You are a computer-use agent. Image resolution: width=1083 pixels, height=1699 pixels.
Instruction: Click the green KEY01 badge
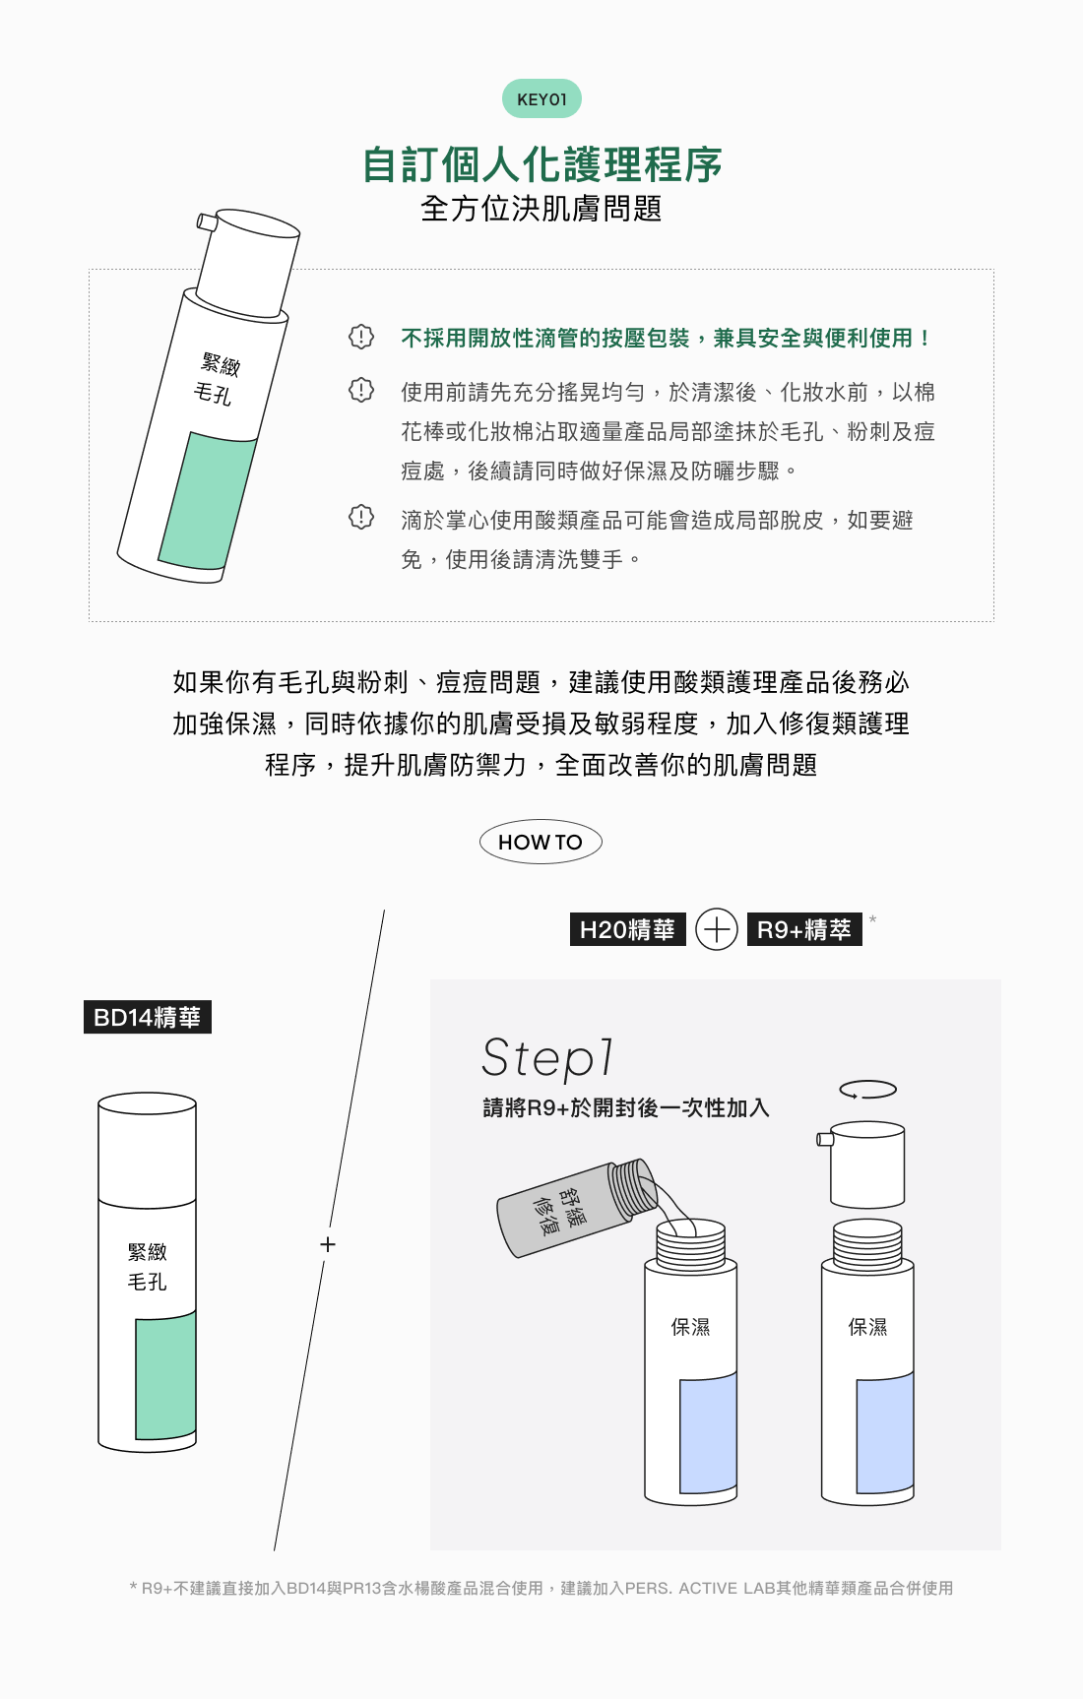click(541, 98)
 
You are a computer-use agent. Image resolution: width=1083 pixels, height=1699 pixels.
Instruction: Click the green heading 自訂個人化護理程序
click(541, 164)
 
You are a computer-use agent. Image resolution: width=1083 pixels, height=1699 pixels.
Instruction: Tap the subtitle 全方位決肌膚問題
click(541, 209)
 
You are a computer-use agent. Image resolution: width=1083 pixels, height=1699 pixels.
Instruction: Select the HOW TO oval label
click(541, 842)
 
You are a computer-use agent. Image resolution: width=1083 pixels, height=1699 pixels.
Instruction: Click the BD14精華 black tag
click(148, 1017)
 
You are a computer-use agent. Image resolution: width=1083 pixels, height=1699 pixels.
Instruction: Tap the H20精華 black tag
click(628, 929)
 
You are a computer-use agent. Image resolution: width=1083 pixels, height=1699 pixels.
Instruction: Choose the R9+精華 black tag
click(804, 929)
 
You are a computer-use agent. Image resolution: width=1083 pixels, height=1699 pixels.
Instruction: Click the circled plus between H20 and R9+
click(717, 929)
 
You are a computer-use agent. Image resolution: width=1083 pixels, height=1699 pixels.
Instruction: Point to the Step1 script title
click(547, 1058)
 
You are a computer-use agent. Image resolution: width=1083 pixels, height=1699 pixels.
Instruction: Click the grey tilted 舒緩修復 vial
click(577, 1208)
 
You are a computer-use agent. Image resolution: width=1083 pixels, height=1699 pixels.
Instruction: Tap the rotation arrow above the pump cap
click(867, 1090)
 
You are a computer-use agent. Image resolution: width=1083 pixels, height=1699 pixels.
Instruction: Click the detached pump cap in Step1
click(862, 1164)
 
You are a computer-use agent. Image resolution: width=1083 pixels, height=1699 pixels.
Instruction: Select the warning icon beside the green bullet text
click(361, 337)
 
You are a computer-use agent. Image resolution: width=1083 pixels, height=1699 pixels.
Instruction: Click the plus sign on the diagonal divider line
click(328, 1244)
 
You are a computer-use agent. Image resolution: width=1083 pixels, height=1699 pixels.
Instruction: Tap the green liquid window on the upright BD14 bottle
click(165, 1375)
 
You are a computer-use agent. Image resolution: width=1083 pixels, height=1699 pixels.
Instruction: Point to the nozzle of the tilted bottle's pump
click(207, 221)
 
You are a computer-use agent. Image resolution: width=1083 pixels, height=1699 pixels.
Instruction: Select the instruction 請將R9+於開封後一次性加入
click(626, 1108)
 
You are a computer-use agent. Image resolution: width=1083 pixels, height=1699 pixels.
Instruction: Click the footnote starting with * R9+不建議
click(541, 1588)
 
